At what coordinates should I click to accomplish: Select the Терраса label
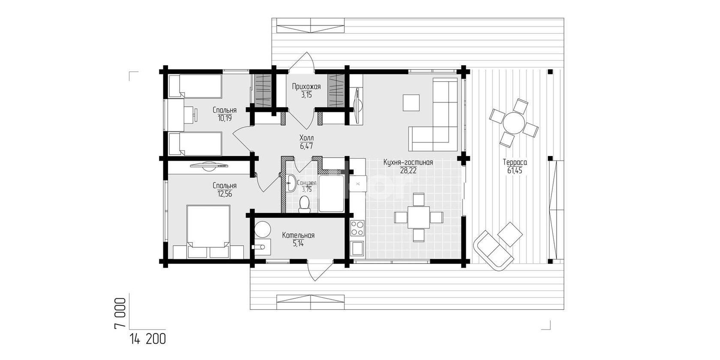[515, 162]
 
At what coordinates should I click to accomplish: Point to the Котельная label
[298, 235]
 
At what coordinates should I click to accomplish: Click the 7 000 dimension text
[120, 313]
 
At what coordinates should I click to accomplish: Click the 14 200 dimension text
[147, 340]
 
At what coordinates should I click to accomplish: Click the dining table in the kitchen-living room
[418, 217]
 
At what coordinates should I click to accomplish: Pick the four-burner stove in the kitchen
[357, 228]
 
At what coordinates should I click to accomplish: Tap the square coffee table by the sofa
[411, 102]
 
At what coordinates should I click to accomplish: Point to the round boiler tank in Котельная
[262, 229]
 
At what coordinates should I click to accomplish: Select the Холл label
[306, 138]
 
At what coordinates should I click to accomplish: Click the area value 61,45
[515, 171]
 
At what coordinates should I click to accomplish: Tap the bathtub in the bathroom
[331, 193]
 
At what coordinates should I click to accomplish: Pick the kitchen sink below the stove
[357, 248]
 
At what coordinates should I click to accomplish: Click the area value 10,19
[225, 118]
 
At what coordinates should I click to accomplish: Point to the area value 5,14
[298, 243]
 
